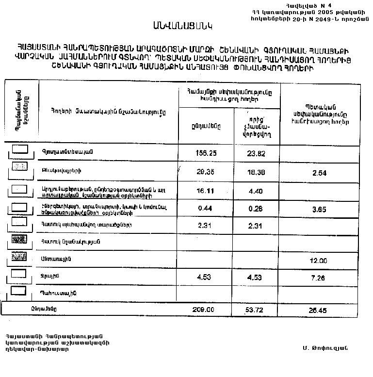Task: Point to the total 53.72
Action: pyautogui.click(x=257, y=309)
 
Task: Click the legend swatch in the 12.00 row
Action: pyautogui.click(x=19, y=257)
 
